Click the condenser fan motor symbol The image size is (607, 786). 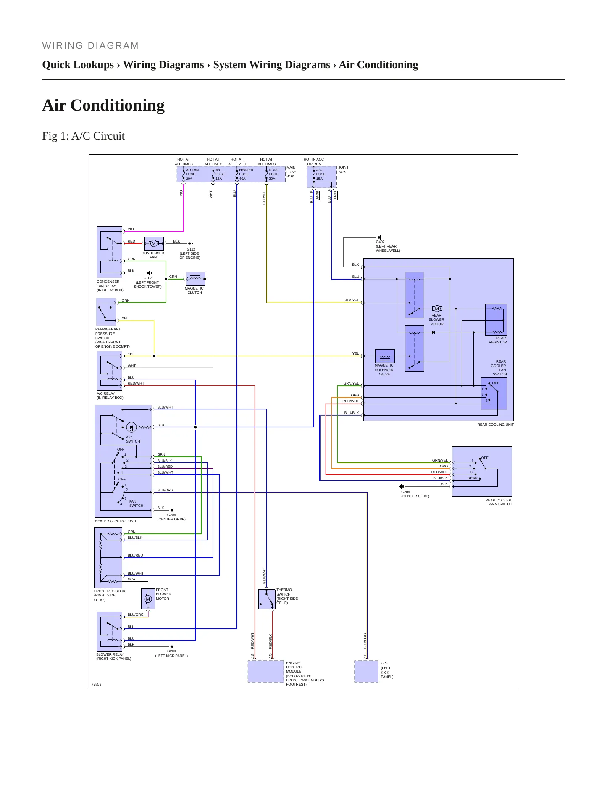click(154, 243)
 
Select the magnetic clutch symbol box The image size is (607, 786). click(195, 279)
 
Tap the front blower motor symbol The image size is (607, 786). click(148, 599)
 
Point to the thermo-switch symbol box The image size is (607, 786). click(267, 599)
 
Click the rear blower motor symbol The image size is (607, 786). click(437, 309)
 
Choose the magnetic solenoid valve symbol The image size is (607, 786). click(385, 356)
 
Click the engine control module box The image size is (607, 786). click(266, 671)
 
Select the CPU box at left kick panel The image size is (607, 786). click(366, 671)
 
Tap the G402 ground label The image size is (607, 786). click(380, 242)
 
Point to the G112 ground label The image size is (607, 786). click(191, 249)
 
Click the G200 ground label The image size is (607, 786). click(171, 651)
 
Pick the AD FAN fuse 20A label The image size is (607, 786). click(192, 174)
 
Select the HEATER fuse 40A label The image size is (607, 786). click(246, 174)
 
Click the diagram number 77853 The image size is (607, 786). click(97, 684)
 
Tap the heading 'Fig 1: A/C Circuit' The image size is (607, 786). click(84, 136)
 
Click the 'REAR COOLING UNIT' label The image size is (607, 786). click(495, 425)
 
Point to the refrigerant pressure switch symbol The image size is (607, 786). click(106, 312)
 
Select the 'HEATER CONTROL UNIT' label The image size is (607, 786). click(116, 521)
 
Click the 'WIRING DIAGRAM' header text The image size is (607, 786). click(90, 46)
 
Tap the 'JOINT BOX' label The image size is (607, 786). click(343, 170)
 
